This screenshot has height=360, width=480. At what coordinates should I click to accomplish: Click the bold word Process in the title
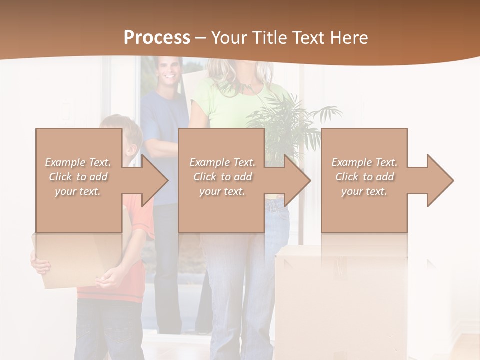pos(157,37)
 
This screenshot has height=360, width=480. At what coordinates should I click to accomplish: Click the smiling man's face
pos(169,71)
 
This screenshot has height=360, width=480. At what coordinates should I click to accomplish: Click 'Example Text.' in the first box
pos(78,162)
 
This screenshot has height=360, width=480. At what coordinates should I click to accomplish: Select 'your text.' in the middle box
pos(222,191)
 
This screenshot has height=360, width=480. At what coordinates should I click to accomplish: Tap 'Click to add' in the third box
pos(365,177)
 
